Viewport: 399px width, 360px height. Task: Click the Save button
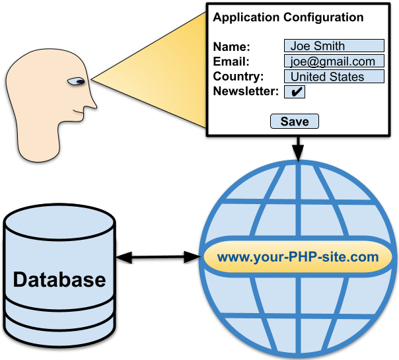pos(295,121)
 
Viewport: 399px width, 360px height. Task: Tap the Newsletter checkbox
pos(294,92)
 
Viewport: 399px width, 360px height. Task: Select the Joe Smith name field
pos(334,46)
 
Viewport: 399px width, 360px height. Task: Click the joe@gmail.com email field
pos(334,61)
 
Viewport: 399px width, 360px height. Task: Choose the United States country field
pos(334,77)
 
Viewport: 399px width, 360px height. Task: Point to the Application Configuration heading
pos(288,17)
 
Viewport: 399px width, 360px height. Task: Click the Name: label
pos(232,47)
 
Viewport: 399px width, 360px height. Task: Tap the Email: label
pos(231,62)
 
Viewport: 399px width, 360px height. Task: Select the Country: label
pos(238,77)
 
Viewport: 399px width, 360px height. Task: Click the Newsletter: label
pos(246,91)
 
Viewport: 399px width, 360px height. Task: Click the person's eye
pos(77,82)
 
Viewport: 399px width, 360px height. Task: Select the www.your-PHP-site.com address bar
pos(298,257)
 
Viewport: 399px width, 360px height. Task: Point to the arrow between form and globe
pos(298,150)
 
